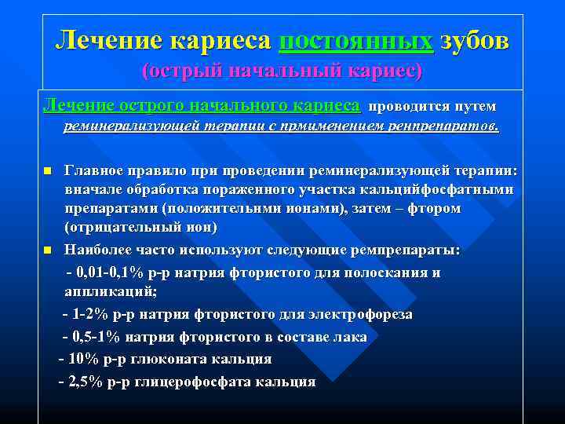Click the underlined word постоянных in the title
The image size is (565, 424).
[355, 41]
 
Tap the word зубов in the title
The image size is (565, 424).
[474, 41]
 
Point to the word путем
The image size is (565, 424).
[473, 106]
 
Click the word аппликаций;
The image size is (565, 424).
[110, 292]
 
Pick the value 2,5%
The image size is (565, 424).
[87, 382]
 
